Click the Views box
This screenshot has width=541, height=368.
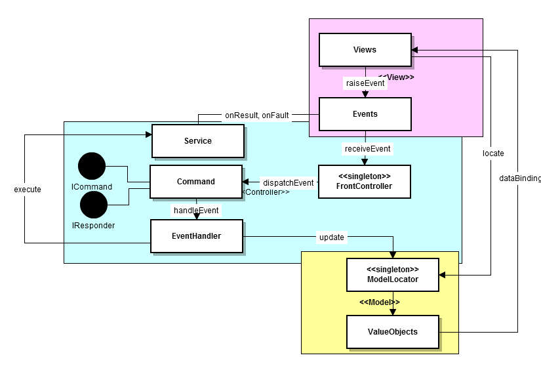(x=365, y=50)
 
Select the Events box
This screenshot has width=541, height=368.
(x=365, y=114)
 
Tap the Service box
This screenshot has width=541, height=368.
(x=197, y=141)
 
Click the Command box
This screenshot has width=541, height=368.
(x=195, y=182)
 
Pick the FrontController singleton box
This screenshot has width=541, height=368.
(x=364, y=182)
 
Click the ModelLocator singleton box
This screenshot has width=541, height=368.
(x=392, y=275)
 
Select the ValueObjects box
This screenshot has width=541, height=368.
(x=391, y=332)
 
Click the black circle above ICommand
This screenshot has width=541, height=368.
(x=91, y=167)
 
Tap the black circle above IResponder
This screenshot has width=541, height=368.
(x=94, y=205)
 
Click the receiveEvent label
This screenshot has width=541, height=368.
(x=367, y=149)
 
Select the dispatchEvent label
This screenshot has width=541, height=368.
(x=288, y=183)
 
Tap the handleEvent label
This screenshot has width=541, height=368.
(x=195, y=211)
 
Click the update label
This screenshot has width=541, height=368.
(x=331, y=237)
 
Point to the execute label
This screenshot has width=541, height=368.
(x=28, y=190)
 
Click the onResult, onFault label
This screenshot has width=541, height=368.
(x=256, y=115)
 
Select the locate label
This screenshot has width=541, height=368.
(x=493, y=153)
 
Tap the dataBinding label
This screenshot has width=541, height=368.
(x=519, y=178)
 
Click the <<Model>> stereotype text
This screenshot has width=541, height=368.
(x=379, y=302)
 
